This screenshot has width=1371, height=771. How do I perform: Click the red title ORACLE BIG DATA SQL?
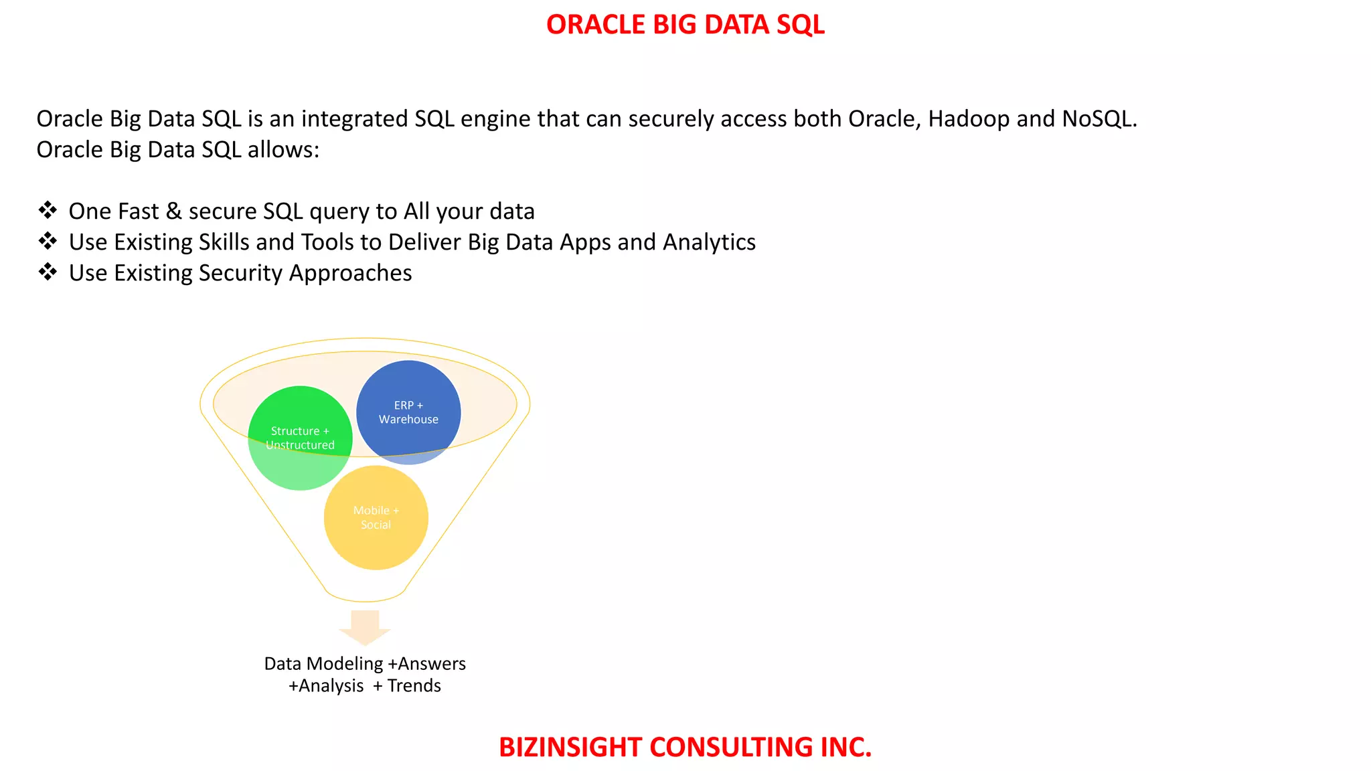coord(685,25)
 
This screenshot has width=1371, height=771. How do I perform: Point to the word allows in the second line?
coord(283,150)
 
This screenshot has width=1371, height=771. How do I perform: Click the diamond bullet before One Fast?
coord(48,211)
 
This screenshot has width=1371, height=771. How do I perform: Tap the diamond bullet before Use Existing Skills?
coord(48,242)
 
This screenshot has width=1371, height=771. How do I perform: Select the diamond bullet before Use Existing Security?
coord(48,272)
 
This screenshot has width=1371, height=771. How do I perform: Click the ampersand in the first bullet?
coord(173,211)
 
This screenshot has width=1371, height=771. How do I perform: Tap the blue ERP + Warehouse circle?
coord(408,412)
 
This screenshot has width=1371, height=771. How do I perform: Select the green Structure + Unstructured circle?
coord(300,438)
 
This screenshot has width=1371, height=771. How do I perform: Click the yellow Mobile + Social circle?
coord(376,518)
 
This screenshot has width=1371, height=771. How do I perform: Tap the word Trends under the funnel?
coord(414,686)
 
